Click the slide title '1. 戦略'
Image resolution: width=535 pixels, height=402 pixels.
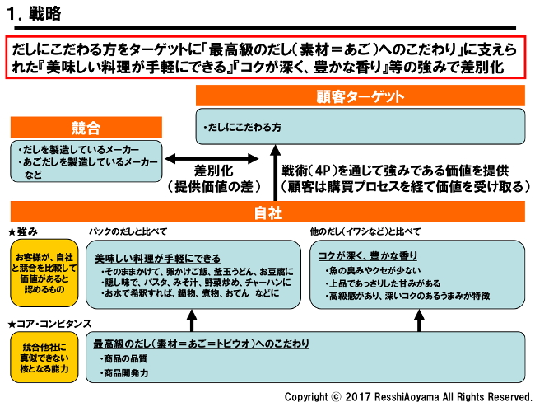(34, 15)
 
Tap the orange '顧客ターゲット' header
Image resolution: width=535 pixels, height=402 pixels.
(361, 96)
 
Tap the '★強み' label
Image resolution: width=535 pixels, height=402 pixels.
(25, 231)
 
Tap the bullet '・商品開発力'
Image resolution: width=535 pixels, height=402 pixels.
(125, 373)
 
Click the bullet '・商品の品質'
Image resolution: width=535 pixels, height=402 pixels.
(125, 359)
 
